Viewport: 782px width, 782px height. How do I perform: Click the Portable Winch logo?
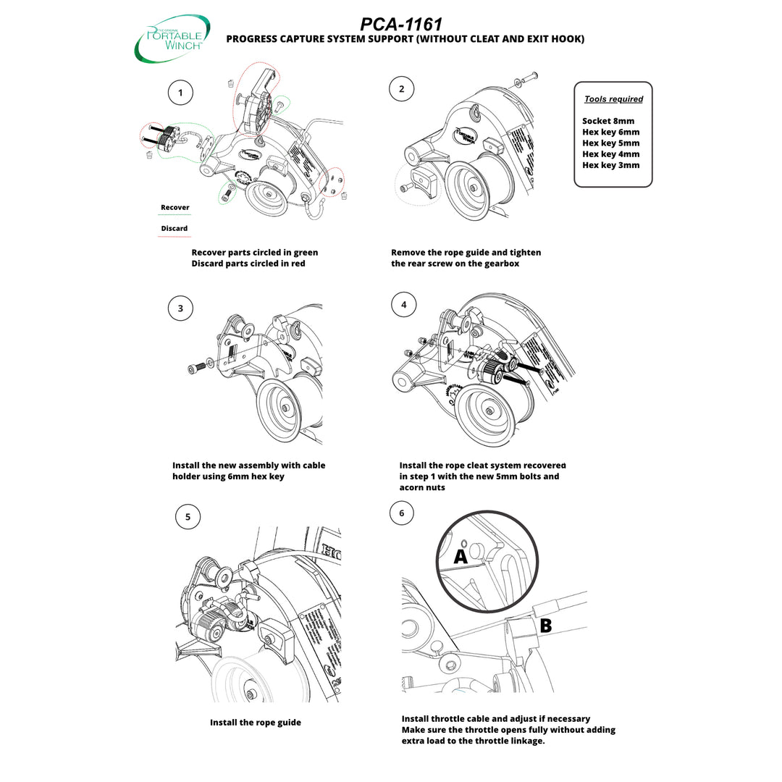[172, 37]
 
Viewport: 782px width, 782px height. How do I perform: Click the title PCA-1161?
[401, 25]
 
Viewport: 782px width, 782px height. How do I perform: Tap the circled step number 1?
[180, 92]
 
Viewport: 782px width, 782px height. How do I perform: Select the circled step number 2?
[402, 90]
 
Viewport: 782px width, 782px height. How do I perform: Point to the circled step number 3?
[180, 308]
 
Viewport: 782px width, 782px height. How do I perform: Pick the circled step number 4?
[403, 305]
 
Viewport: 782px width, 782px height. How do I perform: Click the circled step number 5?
[188, 516]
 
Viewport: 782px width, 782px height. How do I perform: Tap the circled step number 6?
[402, 513]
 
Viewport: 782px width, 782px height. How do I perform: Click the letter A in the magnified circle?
[461, 556]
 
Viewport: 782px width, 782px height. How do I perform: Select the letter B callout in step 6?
[545, 626]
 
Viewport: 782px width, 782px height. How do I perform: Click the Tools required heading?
[613, 99]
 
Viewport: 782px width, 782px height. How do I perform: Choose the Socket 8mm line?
[608, 121]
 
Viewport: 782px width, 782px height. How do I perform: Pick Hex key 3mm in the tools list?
[610, 165]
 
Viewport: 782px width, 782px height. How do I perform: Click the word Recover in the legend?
[175, 207]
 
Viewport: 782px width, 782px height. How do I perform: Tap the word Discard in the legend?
[174, 228]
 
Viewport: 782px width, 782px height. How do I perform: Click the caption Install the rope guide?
[256, 723]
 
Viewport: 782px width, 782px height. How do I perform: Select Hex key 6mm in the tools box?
[610, 132]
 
